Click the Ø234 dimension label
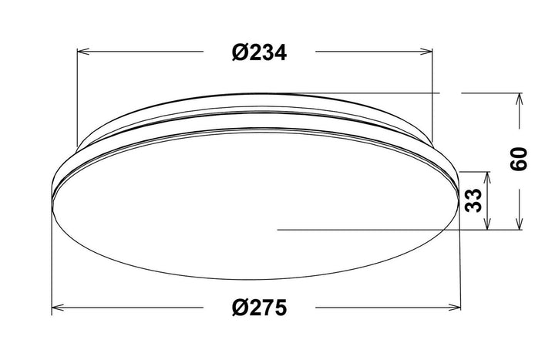coord(259,52)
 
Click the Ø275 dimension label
coord(259,308)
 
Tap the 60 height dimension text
coord(519,159)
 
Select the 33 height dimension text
coord(473,200)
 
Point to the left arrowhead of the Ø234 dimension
coord(83,52)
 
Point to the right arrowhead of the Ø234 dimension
coord(426,52)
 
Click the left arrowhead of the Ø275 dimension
coord(58,308)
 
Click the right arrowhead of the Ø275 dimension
coord(455,308)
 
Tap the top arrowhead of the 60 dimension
coord(519,99)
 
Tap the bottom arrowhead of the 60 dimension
coord(519,224)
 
